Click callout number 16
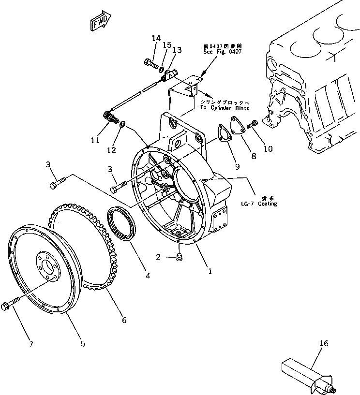(x=324, y=344)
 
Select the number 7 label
(x=31, y=344)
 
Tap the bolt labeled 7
(x=10, y=305)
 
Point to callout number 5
(x=83, y=343)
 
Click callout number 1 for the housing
(x=210, y=271)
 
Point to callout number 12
(x=112, y=150)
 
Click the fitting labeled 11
(x=111, y=117)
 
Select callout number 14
(x=156, y=38)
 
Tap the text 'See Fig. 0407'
(x=223, y=51)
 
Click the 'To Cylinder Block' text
(x=223, y=108)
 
